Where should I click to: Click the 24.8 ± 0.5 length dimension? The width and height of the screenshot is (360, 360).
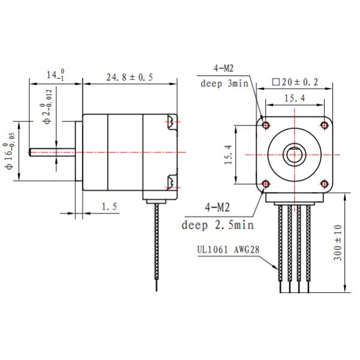tap(130, 77)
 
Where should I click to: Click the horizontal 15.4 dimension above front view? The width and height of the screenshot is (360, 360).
tap(294, 97)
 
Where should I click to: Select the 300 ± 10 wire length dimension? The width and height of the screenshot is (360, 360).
tap(338, 242)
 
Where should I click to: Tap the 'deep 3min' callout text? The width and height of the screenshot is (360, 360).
tap(224, 83)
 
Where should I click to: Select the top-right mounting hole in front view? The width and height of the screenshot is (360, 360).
tap(323, 125)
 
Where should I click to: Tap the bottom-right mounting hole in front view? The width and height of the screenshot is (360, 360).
tap(323, 183)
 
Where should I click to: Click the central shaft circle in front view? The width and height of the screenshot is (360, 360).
tap(294, 154)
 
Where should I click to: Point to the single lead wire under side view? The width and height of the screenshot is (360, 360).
tap(157, 246)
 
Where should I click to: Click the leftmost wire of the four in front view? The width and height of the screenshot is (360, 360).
tap(280, 246)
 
